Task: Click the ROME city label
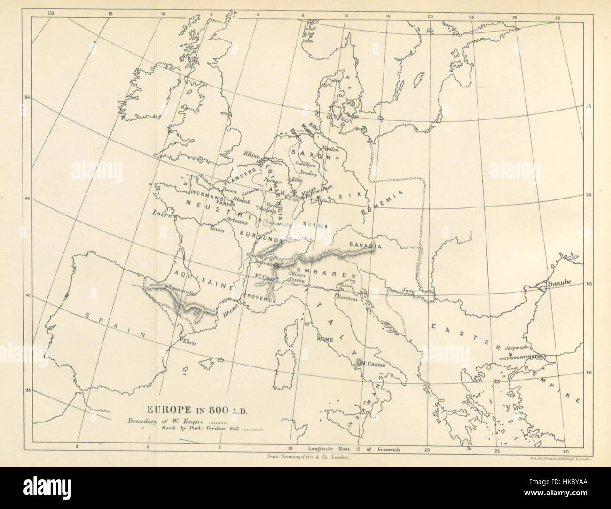click(x=324, y=338)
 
